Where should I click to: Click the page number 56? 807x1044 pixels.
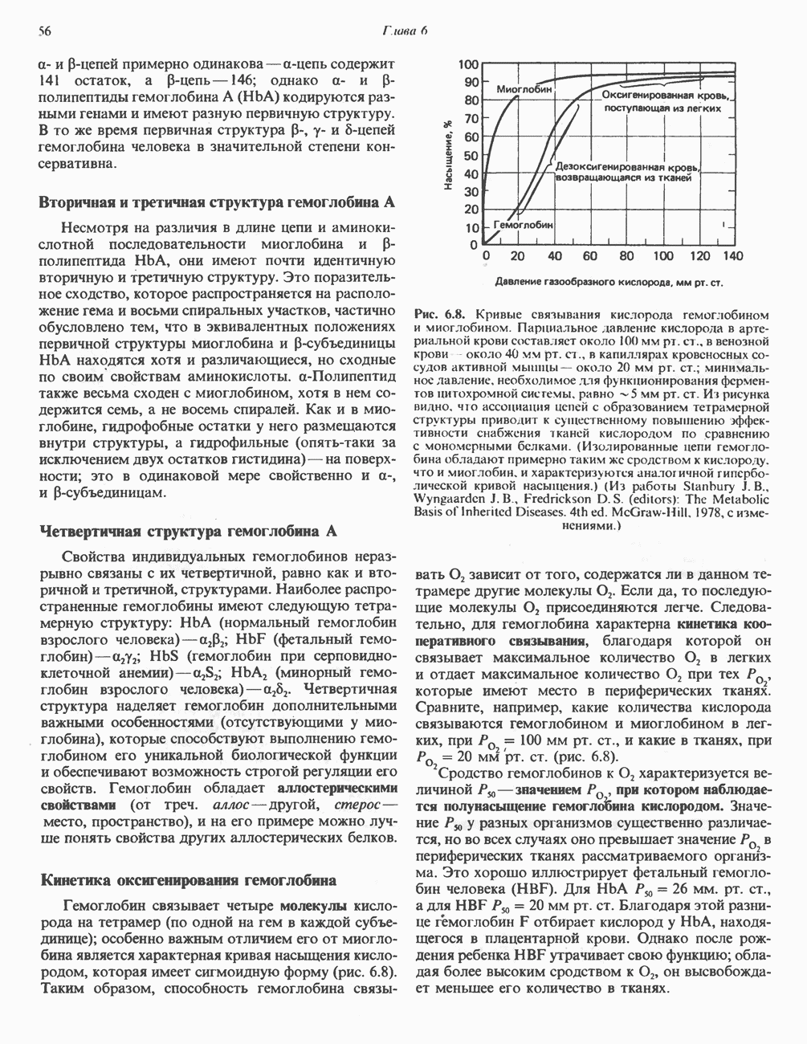point(45,31)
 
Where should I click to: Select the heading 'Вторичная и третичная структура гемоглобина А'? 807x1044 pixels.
point(216,202)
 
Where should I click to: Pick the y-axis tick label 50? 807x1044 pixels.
point(471,155)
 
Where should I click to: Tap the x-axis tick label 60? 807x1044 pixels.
point(589,256)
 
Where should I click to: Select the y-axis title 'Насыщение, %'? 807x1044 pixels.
point(448,155)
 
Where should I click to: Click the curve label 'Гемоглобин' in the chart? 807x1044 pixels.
point(523,226)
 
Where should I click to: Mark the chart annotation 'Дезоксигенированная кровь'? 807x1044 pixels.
point(627,165)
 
